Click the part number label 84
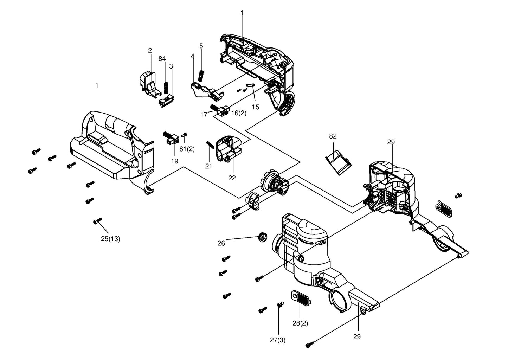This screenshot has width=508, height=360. (162, 59)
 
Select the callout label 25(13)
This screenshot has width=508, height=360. (110, 239)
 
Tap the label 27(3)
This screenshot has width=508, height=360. (278, 340)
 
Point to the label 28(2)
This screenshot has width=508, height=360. (300, 323)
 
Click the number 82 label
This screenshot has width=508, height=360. (333, 136)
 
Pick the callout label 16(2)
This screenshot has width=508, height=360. (239, 113)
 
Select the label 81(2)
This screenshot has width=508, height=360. (187, 149)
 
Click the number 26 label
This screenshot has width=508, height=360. (221, 243)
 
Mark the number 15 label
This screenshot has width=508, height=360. (256, 107)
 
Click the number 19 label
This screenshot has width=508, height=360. (175, 161)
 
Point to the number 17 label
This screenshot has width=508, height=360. (204, 115)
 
